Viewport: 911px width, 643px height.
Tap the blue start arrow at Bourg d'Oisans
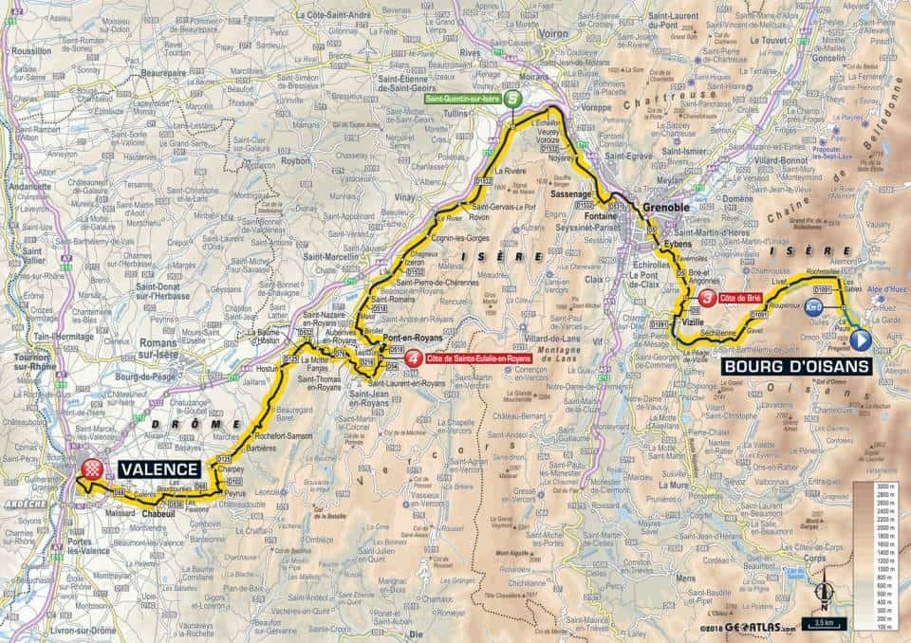click(x=861, y=339)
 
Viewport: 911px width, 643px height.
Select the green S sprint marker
click(x=512, y=98)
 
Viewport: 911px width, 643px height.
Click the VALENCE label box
click(x=159, y=468)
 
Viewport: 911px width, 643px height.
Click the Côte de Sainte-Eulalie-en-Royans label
click(x=477, y=360)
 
